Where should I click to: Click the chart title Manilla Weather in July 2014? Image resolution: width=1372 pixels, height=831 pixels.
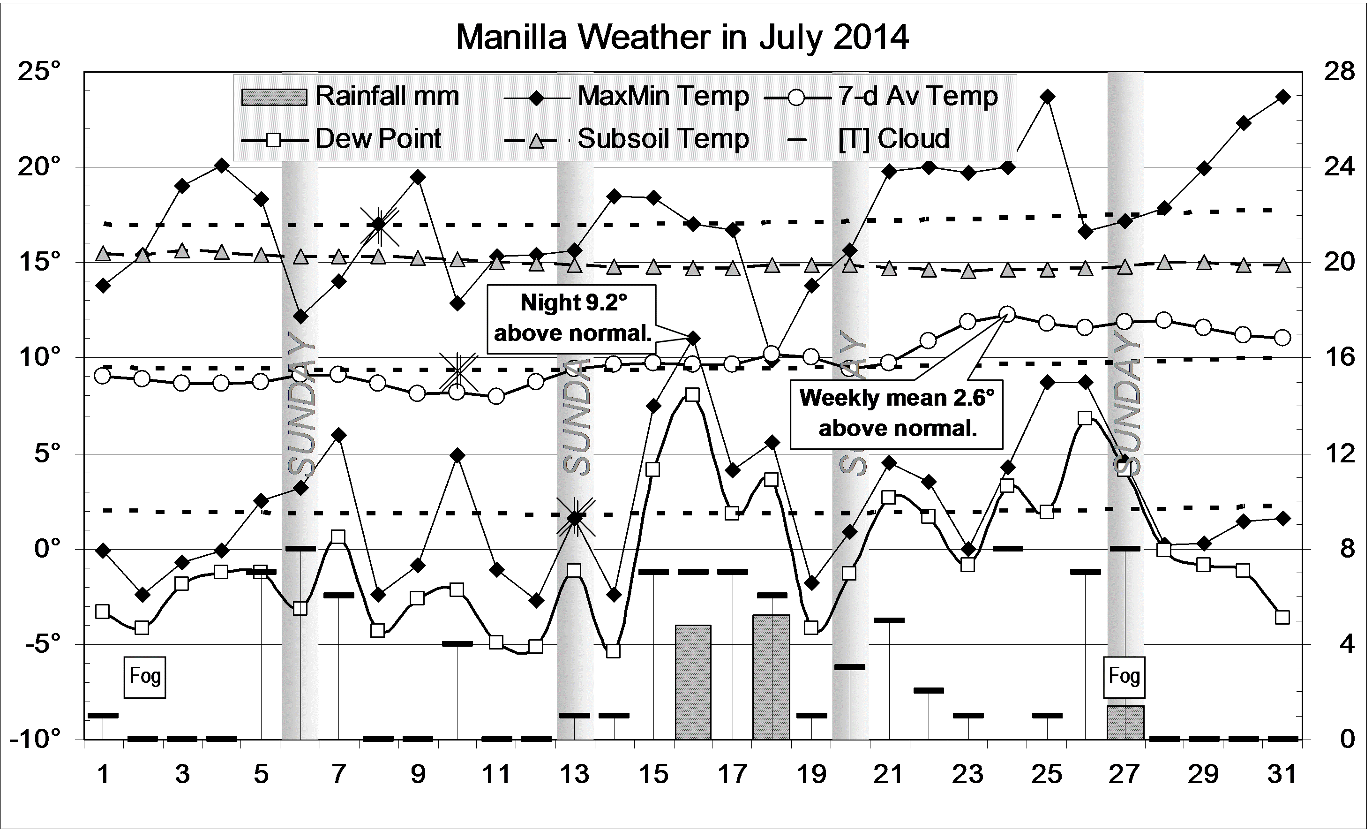682,38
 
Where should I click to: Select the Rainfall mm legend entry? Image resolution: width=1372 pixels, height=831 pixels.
351,96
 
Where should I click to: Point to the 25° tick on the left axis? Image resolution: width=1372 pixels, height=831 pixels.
39,72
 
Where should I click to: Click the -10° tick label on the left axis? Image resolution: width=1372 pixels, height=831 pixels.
35,740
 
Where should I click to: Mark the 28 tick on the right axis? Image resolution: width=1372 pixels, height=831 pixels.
1340,72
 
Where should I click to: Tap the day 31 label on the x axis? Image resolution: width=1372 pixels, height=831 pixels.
1282,774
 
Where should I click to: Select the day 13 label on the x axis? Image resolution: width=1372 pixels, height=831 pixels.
575,774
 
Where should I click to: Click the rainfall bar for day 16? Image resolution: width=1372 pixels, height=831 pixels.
693,682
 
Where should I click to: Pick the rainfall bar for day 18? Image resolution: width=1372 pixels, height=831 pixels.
771,677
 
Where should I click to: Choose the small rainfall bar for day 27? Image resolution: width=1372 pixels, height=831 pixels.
1125,723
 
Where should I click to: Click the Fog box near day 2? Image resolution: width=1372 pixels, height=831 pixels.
145,677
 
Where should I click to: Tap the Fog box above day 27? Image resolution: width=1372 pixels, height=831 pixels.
1124,677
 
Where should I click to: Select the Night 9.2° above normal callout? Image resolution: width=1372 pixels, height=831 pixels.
572,318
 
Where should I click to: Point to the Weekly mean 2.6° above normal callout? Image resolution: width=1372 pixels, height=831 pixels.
897,413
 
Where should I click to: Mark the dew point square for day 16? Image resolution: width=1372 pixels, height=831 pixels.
693,395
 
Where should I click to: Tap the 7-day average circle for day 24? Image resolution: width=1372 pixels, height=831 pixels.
1007,314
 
